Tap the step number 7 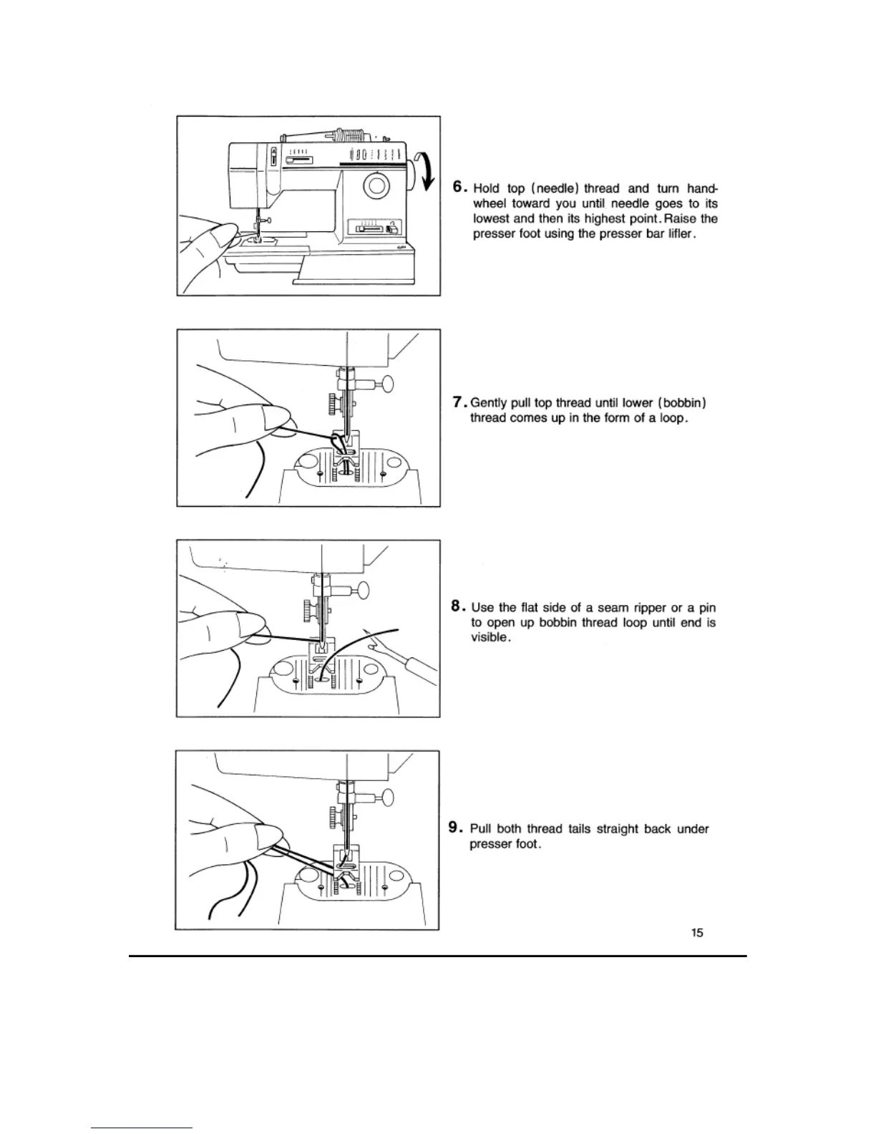459,402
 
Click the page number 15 697,932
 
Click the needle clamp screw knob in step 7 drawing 388,384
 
